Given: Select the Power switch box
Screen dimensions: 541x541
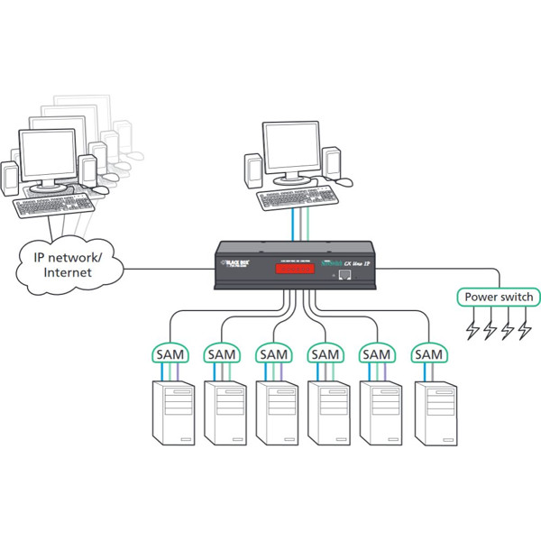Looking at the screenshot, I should (x=499, y=297).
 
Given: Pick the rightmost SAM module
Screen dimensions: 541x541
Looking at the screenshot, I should (x=428, y=354).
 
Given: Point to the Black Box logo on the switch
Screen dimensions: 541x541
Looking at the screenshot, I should (x=236, y=264).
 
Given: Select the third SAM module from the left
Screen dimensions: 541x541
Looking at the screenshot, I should (x=273, y=354).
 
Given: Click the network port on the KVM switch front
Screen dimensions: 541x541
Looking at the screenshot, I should (x=342, y=272).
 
